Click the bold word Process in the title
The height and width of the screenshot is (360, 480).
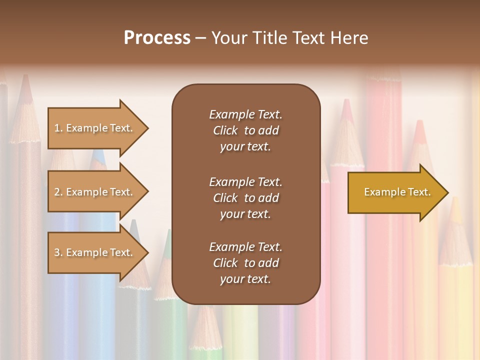click(157, 38)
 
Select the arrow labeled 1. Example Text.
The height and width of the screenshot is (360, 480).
click(95, 128)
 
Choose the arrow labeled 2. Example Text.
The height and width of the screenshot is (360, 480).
click(95, 192)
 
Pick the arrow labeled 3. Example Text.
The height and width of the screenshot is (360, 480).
click(95, 252)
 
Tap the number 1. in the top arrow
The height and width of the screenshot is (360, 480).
click(58, 128)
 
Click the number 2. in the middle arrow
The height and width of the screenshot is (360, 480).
click(58, 192)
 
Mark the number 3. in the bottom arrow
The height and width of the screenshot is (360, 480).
click(58, 252)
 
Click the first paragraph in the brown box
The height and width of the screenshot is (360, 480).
click(245, 130)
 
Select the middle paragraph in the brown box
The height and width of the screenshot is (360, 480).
click(245, 198)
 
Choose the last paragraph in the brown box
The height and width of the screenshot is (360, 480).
click(245, 263)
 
